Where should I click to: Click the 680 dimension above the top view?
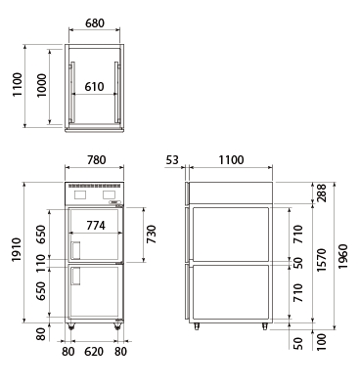(x=95, y=23)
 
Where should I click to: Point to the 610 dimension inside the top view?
(x=94, y=87)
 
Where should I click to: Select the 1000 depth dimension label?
(x=41, y=85)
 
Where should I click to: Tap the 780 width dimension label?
(x=96, y=160)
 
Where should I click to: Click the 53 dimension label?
(x=172, y=160)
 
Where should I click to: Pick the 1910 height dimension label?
(x=17, y=250)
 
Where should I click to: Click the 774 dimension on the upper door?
(x=96, y=225)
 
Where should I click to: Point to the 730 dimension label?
(x=152, y=235)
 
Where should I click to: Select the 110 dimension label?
(x=41, y=264)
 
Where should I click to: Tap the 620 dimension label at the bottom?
(x=94, y=352)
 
